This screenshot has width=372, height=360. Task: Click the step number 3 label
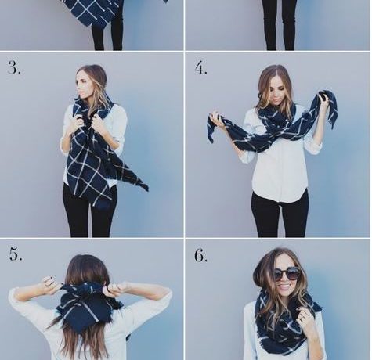tap(14, 67)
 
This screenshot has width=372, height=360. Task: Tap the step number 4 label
tap(200, 68)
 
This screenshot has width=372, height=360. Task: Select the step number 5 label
tap(16, 254)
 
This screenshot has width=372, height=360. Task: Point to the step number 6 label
tap(200, 255)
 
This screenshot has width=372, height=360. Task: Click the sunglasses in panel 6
tap(286, 274)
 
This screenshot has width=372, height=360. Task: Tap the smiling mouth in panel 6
tap(285, 287)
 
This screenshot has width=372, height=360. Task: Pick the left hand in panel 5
tap(52, 284)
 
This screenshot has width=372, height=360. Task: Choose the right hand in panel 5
tap(116, 287)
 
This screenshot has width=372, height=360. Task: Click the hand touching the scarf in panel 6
tap(303, 316)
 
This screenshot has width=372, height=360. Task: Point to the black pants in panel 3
tap(88, 210)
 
